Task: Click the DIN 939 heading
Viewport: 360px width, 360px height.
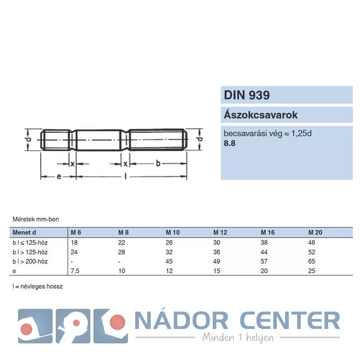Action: pyautogui.click(x=247, y=95)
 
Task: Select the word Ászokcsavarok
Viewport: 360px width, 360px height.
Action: pyautogui.click(x=261, y=115)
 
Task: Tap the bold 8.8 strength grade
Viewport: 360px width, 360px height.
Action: pyautogui.click(x=229, y=143)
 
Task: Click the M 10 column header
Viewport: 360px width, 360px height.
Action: pyautogui.click(x=173, y=232)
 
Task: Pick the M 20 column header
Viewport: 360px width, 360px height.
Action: pyautogui.click(x=315, y=232)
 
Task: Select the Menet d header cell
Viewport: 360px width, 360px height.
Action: pyautogui.click(x=24, y=232)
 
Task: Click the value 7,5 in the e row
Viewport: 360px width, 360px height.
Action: pyautogui.click(x=75, y=271)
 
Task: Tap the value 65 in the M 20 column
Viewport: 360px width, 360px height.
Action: pyautogui.click(x=311, y=261)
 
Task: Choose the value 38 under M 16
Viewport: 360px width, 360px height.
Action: pyautogui.click(x=264, y=243)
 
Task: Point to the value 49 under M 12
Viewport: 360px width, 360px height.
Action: pyautogui.click(x=216, y=261)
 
